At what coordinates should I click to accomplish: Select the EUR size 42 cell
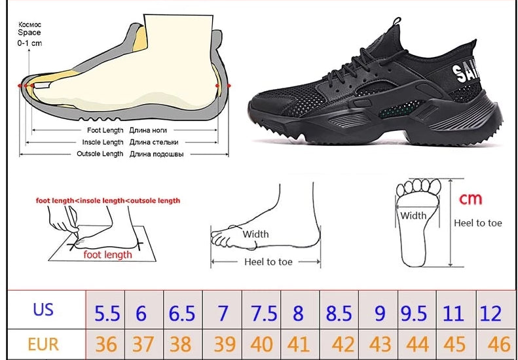pyautogui.click(x=339, y=344)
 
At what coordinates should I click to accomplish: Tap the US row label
pyautogui.click(x=43, y=310)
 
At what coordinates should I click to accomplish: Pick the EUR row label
pyautogui.click(x=43, y=344)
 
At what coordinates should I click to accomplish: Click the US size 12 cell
pyautogui.click(x=491, y=310)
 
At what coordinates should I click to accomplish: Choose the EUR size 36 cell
pyautogui.click(x=105, y=344)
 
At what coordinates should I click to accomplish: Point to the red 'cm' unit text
pyautogui.click(x=470, y=199)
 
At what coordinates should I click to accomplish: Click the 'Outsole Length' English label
pyautogui.click(x=100, y=154)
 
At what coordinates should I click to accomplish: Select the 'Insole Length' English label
pyautogui.click(x=103, y=142)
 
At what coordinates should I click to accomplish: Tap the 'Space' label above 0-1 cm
pyautogui.click(x=29, y=33)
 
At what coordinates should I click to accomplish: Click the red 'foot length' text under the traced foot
pyautogui.click(x=107, y=255)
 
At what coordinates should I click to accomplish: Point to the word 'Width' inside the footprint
pyautogui.click(x=413, y=215)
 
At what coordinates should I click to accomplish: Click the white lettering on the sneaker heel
pyautogui.click(x=464, y=70)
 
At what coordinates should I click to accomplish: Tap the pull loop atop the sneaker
pyautogui.click(x=396, y=22)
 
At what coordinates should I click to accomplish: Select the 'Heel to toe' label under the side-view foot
pyautogui.click(x=268, y=262)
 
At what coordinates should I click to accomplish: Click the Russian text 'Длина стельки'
pyautogui.click(x=154, y=142)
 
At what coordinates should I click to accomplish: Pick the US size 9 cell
pyautogui.click(x=379, y=310)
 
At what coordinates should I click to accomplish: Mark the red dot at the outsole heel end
pyautogui.click(x=229, y=86)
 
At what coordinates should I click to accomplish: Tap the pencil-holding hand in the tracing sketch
pyautogui.click(x=63, y=220)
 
